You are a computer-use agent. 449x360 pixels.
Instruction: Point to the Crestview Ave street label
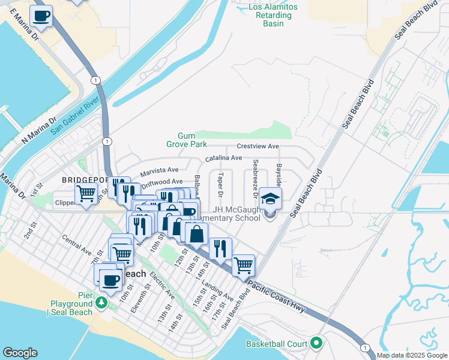[x=258, y=146]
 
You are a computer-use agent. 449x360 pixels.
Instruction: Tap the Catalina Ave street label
[x=223, y=158]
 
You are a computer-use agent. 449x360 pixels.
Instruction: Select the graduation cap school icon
[x=270, y=199]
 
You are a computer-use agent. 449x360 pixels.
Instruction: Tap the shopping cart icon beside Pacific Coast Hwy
[x=243, y=265]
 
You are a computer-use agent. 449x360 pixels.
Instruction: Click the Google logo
[x=20, y=353]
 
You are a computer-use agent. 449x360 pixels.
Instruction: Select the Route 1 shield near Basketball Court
[x=364, y=348]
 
